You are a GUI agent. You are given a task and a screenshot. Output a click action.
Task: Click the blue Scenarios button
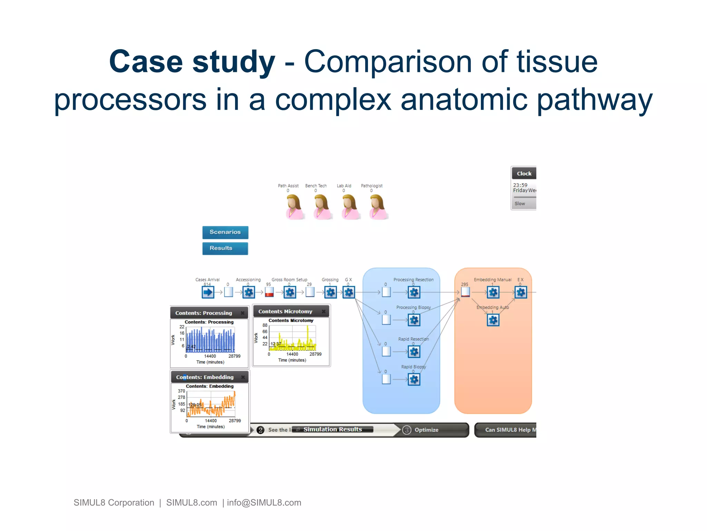pyautogui.click(x=225, y=232)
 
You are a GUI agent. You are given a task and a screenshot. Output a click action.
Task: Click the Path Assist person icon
pyautogui.click(x=294, y=207)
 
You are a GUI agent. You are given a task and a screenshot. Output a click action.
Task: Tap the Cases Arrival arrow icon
pyautogui.click(x=208, y=292)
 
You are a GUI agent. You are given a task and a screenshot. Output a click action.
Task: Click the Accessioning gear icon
pyautogui.click(x=249, y=292)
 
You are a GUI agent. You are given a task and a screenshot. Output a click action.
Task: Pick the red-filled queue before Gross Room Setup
pyautogui.click(x=269, y=292)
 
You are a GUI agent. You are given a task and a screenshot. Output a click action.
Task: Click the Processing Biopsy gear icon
pyautogui.click(x=414, y=320)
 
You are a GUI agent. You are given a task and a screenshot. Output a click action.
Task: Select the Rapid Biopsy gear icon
pyautogui.click(x=414, y=380)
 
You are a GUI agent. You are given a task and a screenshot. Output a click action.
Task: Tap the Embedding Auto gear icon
pyautogui.click(x=493, y=320)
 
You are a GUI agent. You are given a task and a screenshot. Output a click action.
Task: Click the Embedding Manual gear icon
pyautogui.click(x=493, y=292)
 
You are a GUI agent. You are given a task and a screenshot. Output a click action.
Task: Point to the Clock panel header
pyautogui.click(x=524, y=174)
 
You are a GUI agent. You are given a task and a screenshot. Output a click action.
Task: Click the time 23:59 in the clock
pyautogui.click(x=520, y=185)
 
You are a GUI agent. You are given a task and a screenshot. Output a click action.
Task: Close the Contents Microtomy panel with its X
pyautogui.click(x=323, y=311)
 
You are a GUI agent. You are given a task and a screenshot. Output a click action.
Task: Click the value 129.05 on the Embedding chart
pyautogui.click(x=195, y=404)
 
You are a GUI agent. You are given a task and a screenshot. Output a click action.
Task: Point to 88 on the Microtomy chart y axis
pyautogui.click(x=265, y=325)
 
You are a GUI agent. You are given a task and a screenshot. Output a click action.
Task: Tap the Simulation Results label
pyautogui.click(x=332, y=429)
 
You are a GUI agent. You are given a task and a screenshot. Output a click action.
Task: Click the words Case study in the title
pyautogui.click(x=192, y=62)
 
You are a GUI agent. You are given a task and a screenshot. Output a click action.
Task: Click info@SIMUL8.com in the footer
pyautogui.click(x=264, y=503)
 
